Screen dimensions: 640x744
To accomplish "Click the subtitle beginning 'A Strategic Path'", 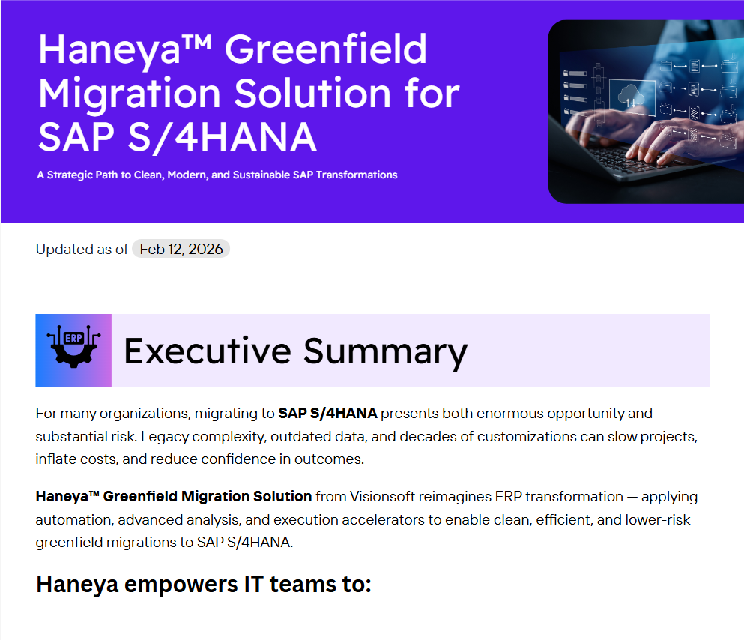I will (217, 175).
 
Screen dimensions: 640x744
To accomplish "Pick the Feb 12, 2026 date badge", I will (181, 249).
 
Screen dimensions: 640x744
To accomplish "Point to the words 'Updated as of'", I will (82, 249).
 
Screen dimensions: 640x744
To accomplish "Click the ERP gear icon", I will (73, 350).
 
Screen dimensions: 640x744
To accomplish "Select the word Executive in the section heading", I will (207, 351).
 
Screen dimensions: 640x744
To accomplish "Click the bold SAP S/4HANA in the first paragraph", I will (327, 413).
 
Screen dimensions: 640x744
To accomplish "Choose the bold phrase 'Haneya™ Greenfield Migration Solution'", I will (174, 496).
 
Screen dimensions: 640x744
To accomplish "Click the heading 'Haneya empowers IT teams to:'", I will (204, 584).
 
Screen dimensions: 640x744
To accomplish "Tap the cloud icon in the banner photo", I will (627, 96).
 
